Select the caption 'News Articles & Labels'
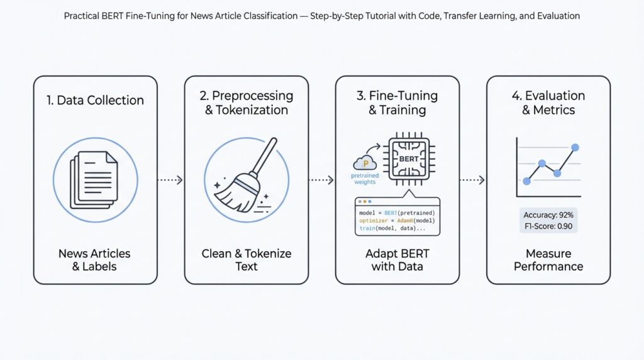[x=94, y=260]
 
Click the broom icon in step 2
[x=247, y=179]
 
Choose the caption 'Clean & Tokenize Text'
[x=247, y=260]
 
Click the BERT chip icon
[x=408, y=159]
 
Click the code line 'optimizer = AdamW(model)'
[x=397, y=221]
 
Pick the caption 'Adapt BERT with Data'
[x=397, y=260]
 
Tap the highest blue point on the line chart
[x=574, y=147]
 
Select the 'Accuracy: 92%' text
[x=548, y=215]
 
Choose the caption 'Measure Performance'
[x=548, y=260]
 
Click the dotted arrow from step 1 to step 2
[x=170, y=180]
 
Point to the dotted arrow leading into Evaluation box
[x=472, y=180]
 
